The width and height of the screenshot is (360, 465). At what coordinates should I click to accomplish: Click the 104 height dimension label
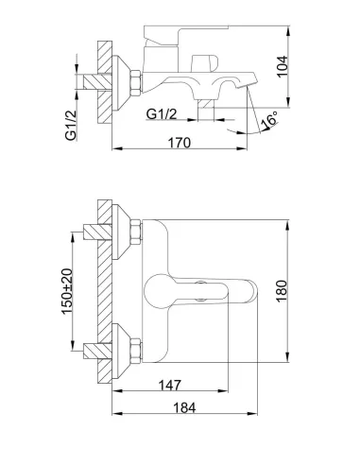[x=282, y=66]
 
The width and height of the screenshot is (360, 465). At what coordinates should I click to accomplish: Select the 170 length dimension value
[x=180, y=143]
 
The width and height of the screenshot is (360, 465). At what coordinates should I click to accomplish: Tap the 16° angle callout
[x=270, y=120]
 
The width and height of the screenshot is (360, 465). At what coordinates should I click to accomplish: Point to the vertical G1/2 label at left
[x=71, y=125]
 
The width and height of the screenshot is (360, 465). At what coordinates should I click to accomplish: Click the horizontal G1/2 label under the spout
[x=162, y=113]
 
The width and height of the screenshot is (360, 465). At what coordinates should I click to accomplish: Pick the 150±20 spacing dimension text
[x=67, y=291]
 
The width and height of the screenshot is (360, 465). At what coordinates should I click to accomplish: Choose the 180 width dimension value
[x=282, y=291]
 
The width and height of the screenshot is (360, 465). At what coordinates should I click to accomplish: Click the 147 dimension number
[x=170, y=385]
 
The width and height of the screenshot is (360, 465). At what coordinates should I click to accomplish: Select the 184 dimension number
[x=184, y=407]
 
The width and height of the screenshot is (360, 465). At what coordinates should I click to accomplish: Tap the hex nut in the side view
[x=136, y=83]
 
